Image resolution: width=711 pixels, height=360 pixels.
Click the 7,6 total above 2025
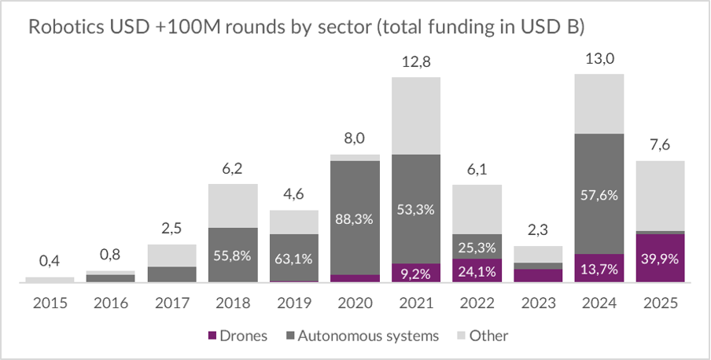[x=658, y=145]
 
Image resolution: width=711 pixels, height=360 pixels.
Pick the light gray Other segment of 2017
[x=171, y=255]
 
